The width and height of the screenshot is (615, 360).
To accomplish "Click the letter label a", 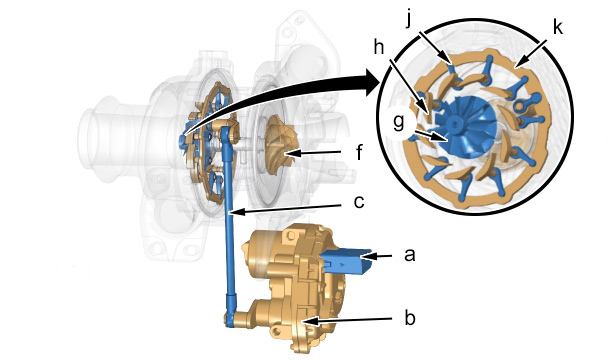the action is (409, 255).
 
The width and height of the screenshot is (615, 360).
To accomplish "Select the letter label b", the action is (410, 318).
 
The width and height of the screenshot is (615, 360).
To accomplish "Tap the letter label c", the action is (359, 202).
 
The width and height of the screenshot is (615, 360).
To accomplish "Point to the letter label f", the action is (360, 152).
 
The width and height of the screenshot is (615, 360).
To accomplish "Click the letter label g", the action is (398, 123).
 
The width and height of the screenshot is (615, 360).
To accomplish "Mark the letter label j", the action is (409, 18).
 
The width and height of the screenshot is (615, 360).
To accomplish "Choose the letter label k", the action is (557, 27).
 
